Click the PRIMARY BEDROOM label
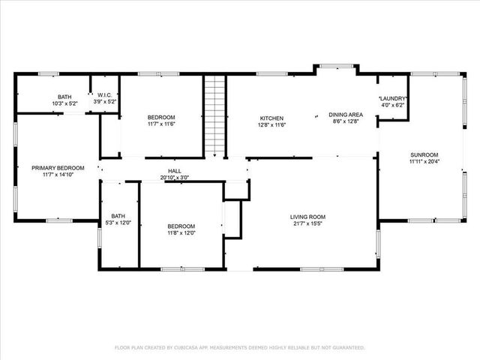58,168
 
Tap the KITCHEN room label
271,118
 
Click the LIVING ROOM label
308,217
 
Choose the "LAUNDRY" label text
393,99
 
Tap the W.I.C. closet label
103,95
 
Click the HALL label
174,171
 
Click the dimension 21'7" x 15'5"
308,224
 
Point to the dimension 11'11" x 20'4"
424,160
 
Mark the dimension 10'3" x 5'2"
65,103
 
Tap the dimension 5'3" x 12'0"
118,222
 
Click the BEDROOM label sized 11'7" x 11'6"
161,118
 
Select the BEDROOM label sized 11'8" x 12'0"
181,226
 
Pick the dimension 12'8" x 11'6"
271,124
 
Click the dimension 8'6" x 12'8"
345,121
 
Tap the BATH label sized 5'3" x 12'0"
118,215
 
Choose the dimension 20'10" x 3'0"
174,178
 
